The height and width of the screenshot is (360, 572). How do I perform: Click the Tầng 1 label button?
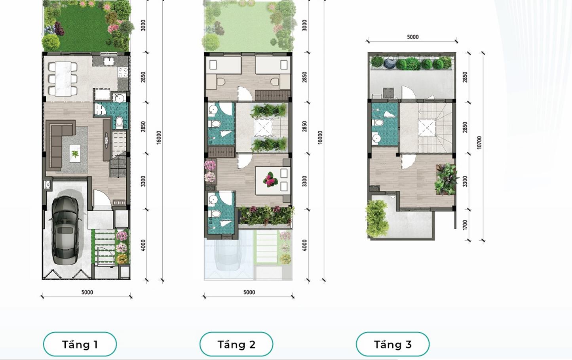point(80,344)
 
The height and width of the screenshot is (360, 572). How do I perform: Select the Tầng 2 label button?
point(236,344)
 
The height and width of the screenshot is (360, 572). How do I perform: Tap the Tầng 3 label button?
point(393,344)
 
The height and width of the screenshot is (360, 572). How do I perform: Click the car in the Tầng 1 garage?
point(65,230)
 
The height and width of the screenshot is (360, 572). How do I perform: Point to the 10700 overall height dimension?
point(479,143)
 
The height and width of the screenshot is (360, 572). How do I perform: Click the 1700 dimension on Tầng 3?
point(465,225)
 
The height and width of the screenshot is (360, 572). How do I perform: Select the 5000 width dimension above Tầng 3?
point(412,37)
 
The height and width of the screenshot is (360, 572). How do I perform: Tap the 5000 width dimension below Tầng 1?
point(87,292)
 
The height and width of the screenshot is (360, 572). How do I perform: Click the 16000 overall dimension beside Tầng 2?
point(320,137)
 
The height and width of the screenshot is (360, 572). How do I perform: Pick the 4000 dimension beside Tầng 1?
point(143,245)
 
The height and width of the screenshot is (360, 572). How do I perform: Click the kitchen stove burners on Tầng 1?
point(123,72)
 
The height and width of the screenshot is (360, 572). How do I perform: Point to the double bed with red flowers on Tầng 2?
point(273,181)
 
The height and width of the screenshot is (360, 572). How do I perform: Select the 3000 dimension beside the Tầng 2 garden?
point(304,25)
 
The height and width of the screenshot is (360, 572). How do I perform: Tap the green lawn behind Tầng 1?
point(83,30)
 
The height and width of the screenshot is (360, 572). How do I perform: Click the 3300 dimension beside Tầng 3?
point(465,181)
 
